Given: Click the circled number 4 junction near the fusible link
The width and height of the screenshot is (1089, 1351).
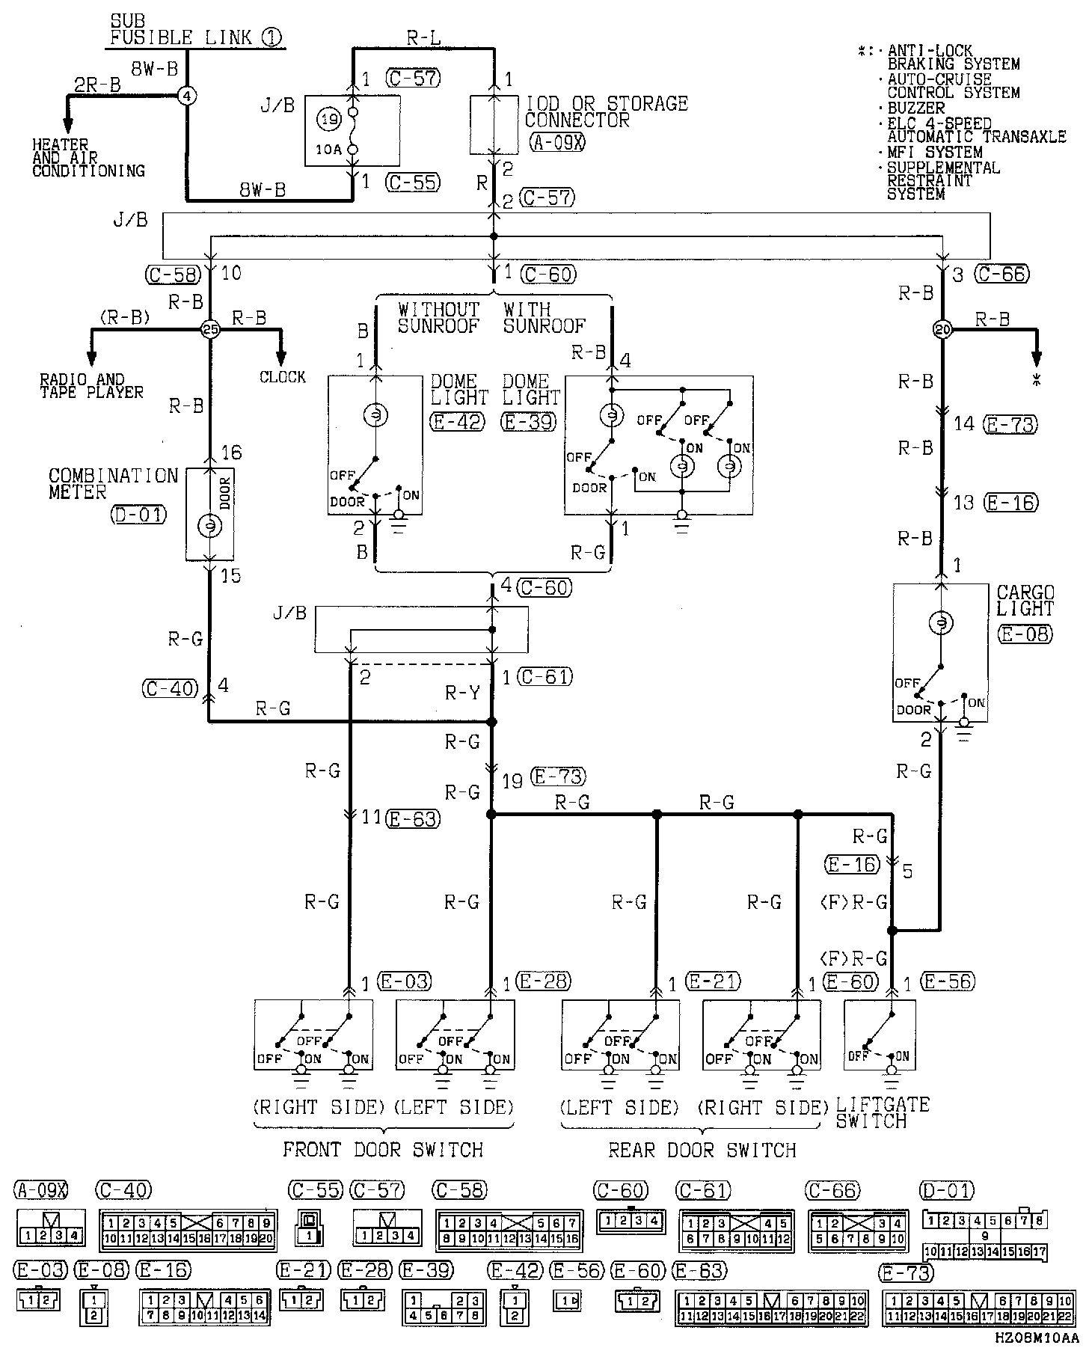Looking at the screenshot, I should [x=187, y=95].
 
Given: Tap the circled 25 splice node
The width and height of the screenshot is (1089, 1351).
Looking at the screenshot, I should [x=210, y=328].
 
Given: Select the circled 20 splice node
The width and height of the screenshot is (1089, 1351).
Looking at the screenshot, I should [x=942, y=328].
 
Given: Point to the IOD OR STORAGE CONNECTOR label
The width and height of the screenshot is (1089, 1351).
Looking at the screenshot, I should [x=606, y=111].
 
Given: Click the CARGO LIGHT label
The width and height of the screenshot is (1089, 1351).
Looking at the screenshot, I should [x=1025, y=601].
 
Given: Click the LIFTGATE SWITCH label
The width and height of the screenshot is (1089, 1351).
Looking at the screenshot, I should [x=882, y=1113].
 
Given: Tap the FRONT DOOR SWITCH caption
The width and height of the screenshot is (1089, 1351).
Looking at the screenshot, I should [x=382, y=1150].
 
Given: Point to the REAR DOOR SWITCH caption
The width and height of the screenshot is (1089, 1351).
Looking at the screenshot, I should [x=702, y=1150].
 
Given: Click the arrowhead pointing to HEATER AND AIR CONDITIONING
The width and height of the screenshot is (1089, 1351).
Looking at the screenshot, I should [x=67, y=124].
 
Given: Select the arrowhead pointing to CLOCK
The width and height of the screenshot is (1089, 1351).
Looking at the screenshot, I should [x=282, y=356].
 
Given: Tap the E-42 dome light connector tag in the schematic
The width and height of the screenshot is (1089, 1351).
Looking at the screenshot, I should [x=457, y=422].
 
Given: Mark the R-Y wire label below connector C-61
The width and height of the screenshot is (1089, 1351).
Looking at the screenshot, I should [x=462, y=693].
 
